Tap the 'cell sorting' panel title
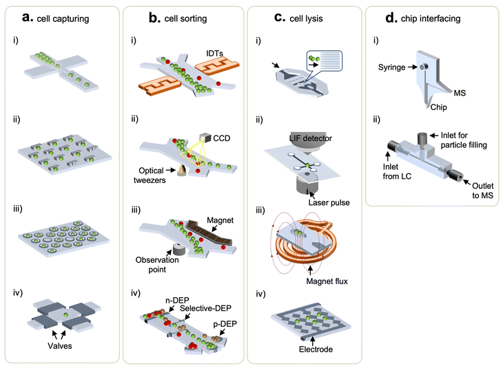[x=185, y=17]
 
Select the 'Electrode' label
[x=311, y=350]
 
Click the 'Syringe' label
[x=397, y=67]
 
